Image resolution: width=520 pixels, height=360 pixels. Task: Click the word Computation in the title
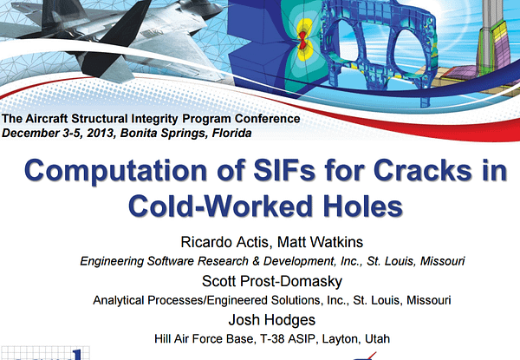tap(116, 171)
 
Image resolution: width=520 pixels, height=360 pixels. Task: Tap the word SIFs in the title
tap(284, 170)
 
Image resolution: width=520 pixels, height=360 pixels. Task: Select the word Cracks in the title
tap(423, 170)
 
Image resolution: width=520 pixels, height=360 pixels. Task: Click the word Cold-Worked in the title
tap(220, 206)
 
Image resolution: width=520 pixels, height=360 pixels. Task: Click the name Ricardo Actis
tap(224, 242)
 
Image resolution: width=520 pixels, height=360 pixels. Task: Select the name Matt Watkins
tap(320, 242)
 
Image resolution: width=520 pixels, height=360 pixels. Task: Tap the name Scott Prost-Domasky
tap(272, 281)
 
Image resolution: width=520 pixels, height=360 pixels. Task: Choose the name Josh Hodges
tap(272, 320)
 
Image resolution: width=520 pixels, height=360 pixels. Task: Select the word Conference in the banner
tap(268, 119)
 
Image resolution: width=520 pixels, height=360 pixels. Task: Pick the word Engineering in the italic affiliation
tap(112, 261)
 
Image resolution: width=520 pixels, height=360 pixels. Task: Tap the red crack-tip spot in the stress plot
tap(302, 40)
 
